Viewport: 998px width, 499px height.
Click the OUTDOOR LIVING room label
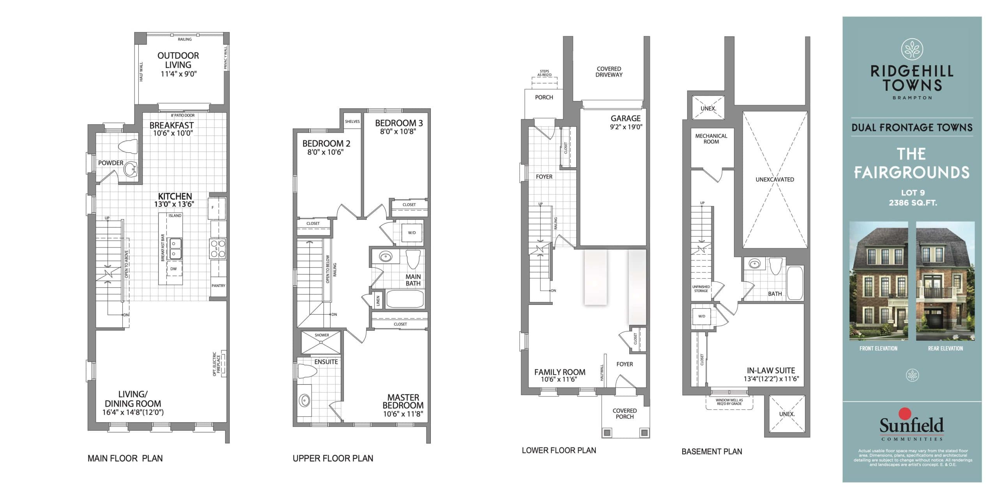[178, 60]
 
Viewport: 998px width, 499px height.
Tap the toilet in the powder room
[128, 147]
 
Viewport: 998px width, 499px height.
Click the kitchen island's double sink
[174, 249]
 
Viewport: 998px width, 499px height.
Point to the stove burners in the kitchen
[218, 249]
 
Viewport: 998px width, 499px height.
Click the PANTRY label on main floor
[218, 286]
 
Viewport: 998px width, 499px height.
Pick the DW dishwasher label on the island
[173, 269]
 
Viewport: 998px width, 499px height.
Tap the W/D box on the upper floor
[412, 233]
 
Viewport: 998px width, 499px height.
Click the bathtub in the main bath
[405, 299]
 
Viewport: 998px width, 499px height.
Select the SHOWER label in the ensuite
[322, 335]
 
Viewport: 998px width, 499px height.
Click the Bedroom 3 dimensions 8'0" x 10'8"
[398, 132]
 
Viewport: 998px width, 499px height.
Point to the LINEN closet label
[377, 300]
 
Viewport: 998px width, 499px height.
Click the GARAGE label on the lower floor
[625, 118]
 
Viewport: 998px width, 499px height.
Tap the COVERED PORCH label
[625, 414]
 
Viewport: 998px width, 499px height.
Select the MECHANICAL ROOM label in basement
[711, 139]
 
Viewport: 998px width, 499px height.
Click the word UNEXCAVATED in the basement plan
[775, 180]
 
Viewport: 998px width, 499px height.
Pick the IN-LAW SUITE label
[771, 371]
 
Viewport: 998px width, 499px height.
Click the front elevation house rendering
[878, 281]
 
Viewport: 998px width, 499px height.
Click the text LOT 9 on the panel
[912, 193]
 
